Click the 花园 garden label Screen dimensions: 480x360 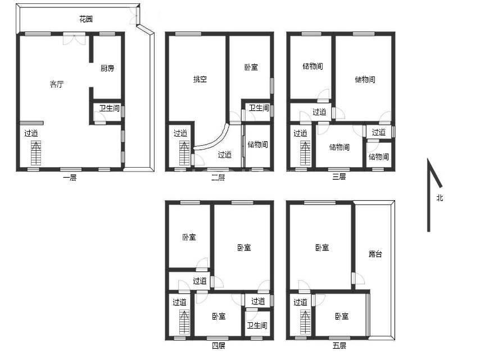86,19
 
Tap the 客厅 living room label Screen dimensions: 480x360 57,84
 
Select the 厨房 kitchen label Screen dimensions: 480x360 107,68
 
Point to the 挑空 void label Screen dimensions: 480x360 200,79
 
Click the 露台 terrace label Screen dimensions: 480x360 375,254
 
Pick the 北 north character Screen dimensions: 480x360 440,197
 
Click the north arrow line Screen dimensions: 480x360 429,195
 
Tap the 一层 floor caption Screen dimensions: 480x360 70,177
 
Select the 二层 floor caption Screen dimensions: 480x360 218,177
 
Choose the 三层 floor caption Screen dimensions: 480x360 339,177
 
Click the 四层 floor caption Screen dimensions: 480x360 219,346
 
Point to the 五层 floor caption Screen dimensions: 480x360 339,346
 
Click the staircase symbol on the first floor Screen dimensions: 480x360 36,153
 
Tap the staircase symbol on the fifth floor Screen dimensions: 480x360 305,322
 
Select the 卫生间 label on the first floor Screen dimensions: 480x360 109,108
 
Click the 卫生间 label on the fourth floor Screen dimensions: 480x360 257,325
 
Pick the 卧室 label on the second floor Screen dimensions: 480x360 251,67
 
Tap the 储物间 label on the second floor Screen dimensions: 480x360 258,145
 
